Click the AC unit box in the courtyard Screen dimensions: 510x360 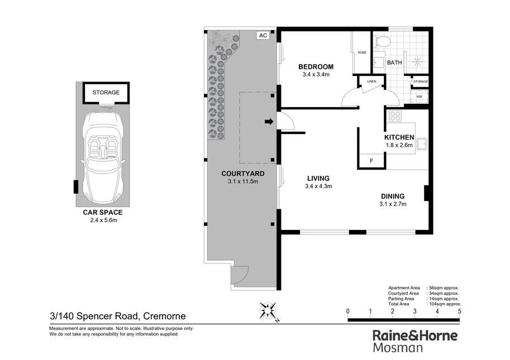pos(263,35)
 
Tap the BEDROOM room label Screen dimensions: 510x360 pos(316,67)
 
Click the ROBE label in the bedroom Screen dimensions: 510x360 pos(362,52)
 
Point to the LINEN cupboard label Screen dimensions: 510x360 pos(371,81)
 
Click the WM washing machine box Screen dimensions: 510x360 pos(419,97)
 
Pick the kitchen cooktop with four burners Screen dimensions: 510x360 pos(395,116)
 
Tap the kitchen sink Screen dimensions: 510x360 pos(422,144)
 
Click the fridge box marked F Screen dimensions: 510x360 pos(371,161)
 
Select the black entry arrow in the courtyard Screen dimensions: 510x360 pos(269,122)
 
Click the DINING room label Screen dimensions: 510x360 pos(393,196)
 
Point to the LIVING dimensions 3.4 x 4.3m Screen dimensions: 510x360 pos(318,186)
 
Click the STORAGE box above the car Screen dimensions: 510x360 pos(106,93)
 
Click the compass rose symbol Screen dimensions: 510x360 pos(268,311)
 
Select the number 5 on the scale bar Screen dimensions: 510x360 pos(459,311)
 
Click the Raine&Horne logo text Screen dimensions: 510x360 pos(415,335)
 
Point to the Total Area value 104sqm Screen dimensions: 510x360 pos(444,304)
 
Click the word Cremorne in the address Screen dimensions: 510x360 pos(165,316)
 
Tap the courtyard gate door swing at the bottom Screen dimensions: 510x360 pos(240,276)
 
